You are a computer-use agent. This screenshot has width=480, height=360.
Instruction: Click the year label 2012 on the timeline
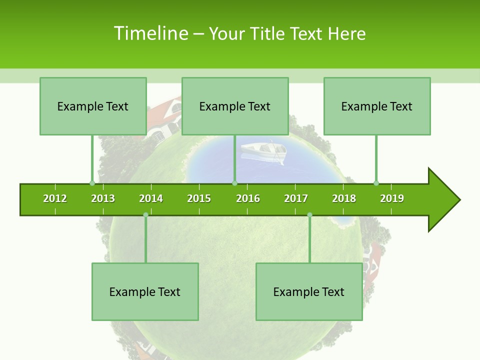tap(55, 198)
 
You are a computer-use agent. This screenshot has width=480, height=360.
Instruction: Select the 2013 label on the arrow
tap(103, 198)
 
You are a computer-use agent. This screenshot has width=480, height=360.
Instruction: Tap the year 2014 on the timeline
tap(151, 198)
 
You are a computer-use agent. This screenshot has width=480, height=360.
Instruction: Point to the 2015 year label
tap(199, 198)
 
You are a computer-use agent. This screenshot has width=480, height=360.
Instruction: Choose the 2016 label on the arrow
tap(248, 198)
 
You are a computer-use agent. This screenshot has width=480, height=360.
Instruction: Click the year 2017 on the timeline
tap(296, 198)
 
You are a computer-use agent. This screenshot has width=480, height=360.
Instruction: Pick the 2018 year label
tap(344, 198)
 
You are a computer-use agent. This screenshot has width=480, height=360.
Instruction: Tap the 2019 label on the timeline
tap(392, 198)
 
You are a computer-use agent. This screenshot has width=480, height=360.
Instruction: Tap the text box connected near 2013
tap(93, 106)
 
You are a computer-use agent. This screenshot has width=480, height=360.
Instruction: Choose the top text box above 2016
tap(235, 106)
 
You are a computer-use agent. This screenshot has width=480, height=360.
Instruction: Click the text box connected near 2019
tap(377, 106)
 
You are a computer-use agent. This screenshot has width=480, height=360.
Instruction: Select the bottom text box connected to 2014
tap(145, 291)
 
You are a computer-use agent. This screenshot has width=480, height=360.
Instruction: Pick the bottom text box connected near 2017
tap(309, 291)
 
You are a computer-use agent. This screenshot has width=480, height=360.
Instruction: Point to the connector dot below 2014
tap(145, 215)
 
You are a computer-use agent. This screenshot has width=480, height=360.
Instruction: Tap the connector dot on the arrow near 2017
tap(309, 215)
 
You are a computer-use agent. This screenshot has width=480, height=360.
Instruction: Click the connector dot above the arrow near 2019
tap(376, 183)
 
